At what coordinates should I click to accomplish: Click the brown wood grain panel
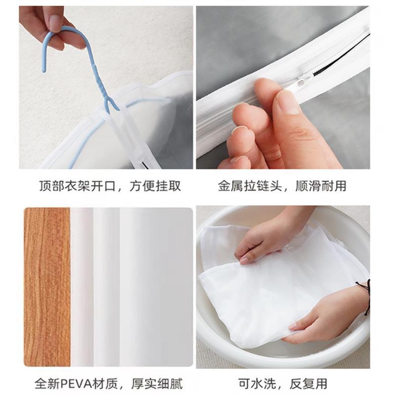click(x=47, y=286)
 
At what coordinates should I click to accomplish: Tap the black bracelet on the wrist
click(x=366, y=296)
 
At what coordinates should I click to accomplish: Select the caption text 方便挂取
click(x=156, y=186)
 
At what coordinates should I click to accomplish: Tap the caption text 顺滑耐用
click(x=321, y=186)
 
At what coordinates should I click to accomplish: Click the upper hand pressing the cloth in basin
click(x=267, y=237)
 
